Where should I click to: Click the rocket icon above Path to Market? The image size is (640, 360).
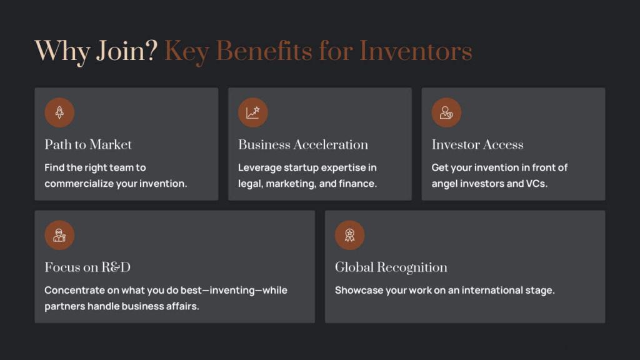[59, 112]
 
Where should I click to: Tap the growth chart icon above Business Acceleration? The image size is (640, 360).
[253, 112]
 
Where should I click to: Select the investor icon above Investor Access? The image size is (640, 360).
[446, 112]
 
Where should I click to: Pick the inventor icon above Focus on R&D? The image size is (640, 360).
[59, 235]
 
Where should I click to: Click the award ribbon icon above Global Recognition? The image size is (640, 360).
[349, 235]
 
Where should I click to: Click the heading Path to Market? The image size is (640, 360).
[88, 145]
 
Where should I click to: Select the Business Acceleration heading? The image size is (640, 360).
[303, 145]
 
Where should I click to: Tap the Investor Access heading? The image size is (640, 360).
[477, 145]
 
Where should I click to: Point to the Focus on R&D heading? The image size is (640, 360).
[87, 267]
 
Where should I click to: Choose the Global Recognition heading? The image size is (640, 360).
[391, 267]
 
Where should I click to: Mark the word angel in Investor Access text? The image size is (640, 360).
[446, 184]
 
